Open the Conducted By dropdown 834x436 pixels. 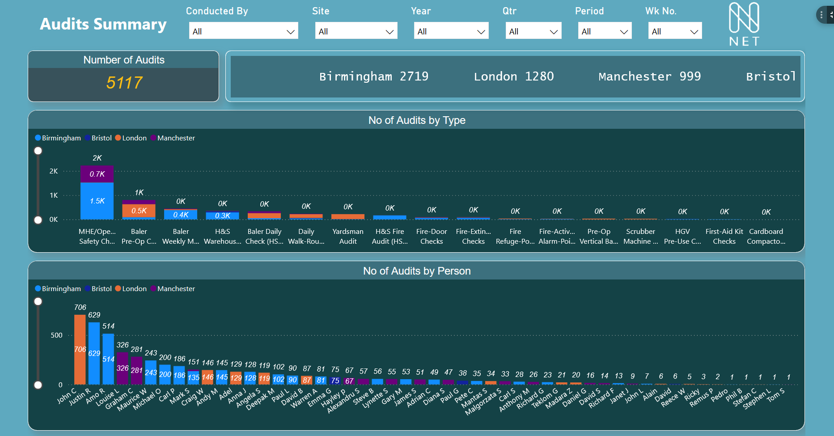point(243,31)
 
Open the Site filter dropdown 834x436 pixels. point(356,31)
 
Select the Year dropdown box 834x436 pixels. point(451,31)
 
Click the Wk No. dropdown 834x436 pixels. point(674,31)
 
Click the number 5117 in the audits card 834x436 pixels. point(124,83)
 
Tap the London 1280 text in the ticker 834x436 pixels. point(513,76)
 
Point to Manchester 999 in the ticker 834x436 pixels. point(649,76)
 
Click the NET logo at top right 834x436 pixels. point(744,25)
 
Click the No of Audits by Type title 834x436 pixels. point(416,120)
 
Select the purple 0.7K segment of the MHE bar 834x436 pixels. point(97,174)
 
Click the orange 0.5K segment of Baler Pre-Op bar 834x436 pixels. point(139,211)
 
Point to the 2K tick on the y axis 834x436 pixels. point(54,171)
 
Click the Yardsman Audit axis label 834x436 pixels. point(348,236)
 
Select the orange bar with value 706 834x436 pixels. point(80,349)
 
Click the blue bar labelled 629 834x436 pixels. point(94,353)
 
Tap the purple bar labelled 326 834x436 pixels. point(123,368)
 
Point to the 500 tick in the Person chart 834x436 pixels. point(56,335)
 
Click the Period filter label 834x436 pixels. point(589,11)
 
